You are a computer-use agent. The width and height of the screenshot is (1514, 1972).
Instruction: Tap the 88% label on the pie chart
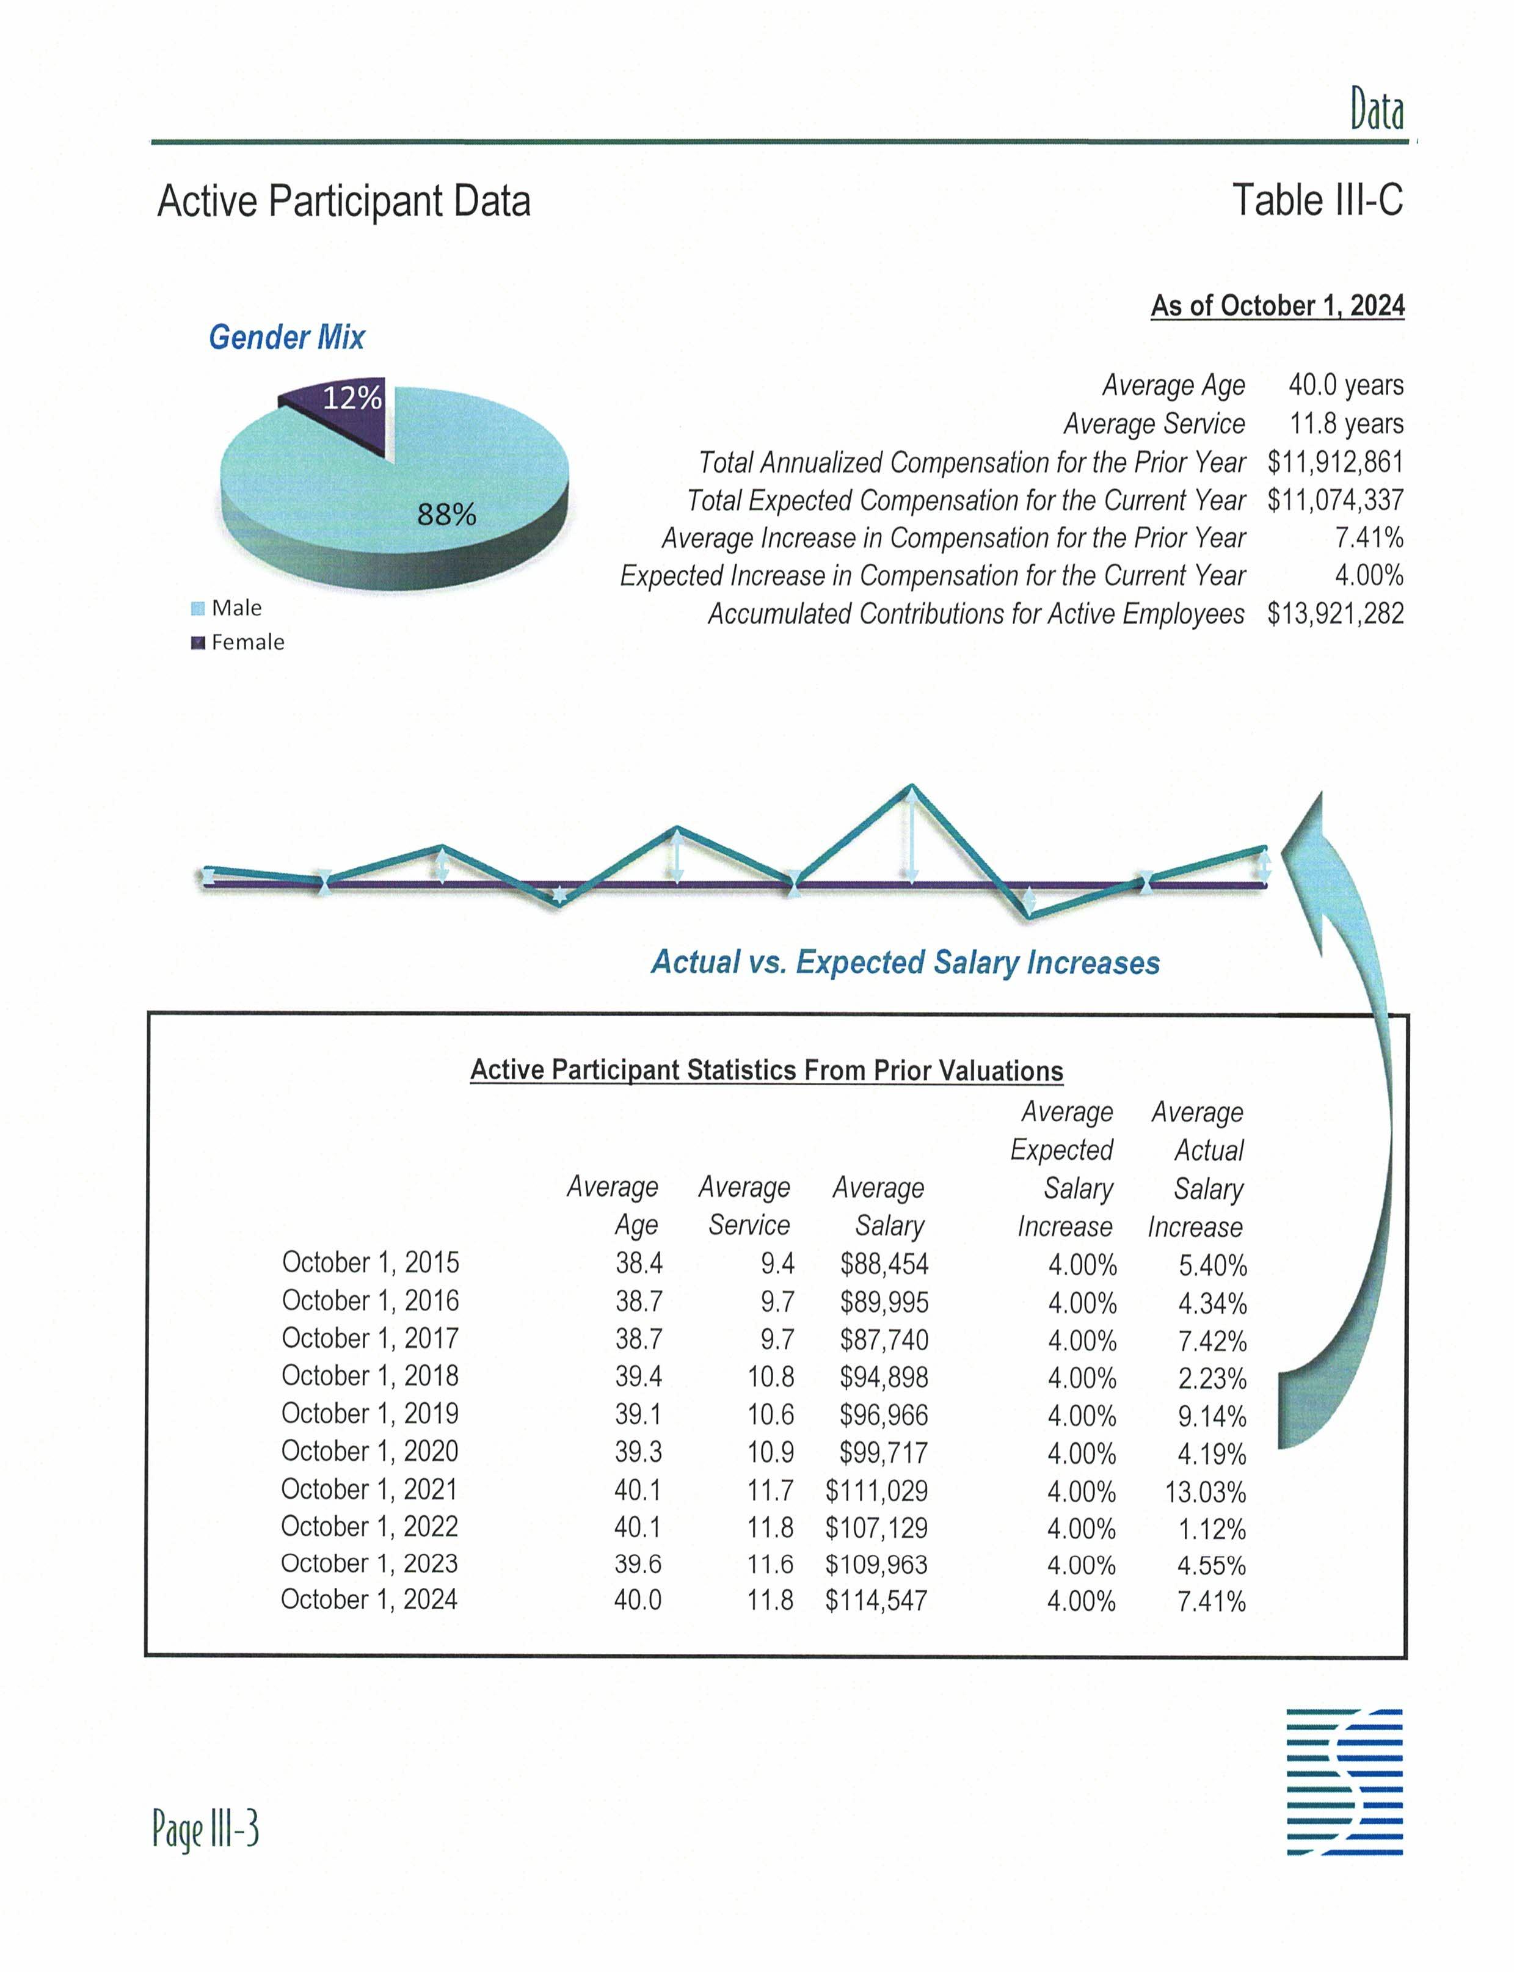point(446,515)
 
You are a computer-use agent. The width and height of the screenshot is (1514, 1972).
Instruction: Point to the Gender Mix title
point(286,337)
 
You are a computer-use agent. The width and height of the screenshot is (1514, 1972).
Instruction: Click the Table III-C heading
point(1317,200)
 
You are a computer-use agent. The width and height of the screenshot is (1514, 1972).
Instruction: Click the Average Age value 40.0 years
point(1345,386)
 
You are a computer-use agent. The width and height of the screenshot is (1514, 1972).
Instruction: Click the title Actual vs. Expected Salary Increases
point(904,962)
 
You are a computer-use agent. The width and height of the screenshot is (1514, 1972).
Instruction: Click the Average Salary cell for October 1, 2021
point(876,1491)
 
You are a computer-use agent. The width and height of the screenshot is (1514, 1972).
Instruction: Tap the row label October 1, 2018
point(369,1377)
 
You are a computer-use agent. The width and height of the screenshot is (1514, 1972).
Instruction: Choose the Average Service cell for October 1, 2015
point(777,1264)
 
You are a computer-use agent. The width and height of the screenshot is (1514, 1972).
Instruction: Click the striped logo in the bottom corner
point(1345,1782)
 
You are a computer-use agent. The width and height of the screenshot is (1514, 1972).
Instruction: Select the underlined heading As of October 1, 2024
point(1277,307)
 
